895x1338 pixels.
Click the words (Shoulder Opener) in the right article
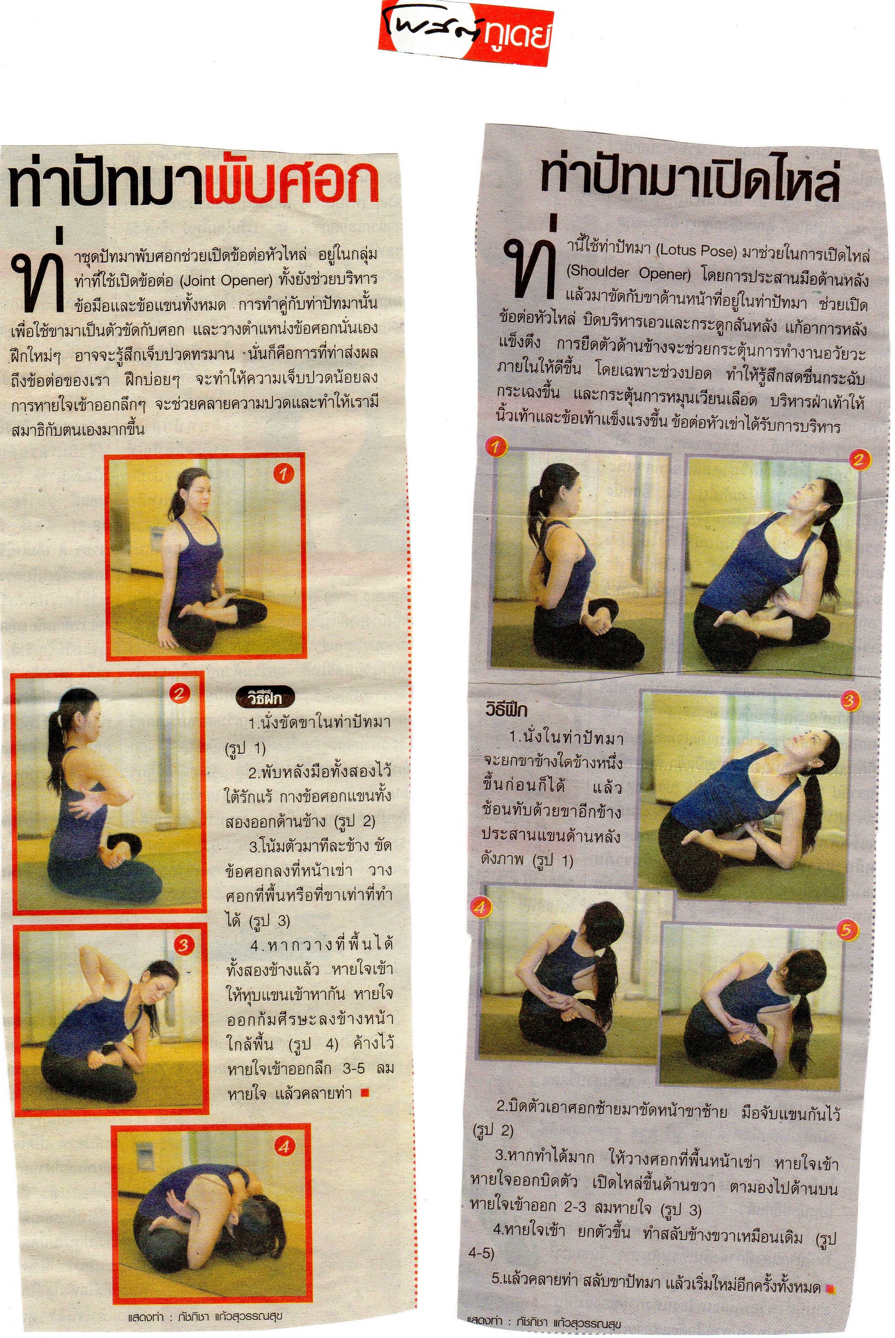628,273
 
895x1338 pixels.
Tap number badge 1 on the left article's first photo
283,474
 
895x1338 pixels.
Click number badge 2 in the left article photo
179,694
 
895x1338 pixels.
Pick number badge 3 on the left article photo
183,945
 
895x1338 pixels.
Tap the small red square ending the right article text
831,1289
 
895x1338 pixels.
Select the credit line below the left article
205,1316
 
